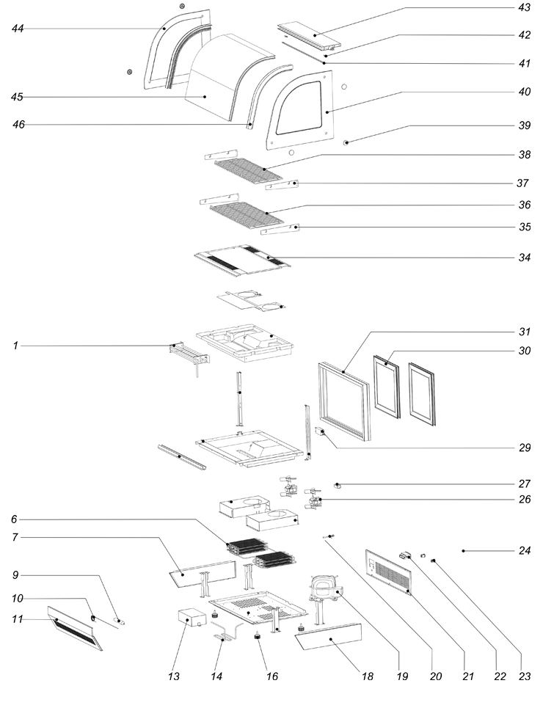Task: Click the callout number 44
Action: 18,29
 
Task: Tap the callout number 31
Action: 525,332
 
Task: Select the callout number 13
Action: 174,676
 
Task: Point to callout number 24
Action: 525,550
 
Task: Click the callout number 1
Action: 15,346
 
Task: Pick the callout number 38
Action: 525,155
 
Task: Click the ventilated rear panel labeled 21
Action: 389,571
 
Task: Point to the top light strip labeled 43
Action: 310,36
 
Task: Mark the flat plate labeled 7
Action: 202,574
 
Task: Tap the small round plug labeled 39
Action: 346,142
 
